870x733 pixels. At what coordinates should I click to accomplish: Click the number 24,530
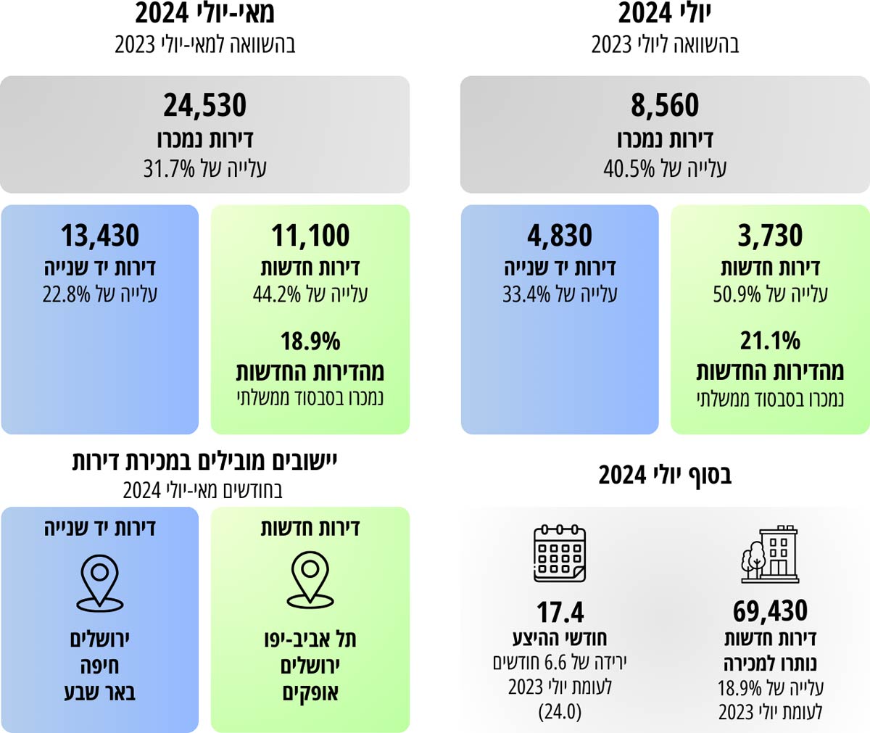coord(204,106)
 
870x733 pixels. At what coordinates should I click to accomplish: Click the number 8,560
coord(665,106)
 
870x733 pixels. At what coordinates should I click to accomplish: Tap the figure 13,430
coord(100,236)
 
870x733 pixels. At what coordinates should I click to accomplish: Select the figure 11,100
coord(310,236)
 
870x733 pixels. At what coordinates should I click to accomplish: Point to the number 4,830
coord(560,236)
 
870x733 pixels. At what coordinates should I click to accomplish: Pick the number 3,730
coord(770,236)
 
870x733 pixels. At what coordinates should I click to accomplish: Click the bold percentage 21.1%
coord(770,340)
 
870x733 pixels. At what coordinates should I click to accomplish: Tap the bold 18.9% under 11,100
coord(310,341)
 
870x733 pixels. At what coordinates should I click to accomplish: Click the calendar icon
coord(560,553)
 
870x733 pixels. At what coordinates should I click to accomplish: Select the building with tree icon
coord(770,554)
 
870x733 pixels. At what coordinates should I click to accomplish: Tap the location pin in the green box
coord(310,579)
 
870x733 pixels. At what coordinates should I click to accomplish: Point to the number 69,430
coord(770,611)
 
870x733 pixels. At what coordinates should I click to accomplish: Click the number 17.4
coord(560,613)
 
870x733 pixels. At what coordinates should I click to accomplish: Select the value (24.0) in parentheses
coord(560,712)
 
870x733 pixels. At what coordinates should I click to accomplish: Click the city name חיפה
coord(100,666)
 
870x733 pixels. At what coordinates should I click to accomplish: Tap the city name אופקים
coord(310,693)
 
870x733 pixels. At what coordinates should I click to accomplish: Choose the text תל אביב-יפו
coord(310,639)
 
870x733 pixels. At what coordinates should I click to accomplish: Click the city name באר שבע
coord(100,692)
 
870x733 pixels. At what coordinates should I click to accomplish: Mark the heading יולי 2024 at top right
coord(665,14)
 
